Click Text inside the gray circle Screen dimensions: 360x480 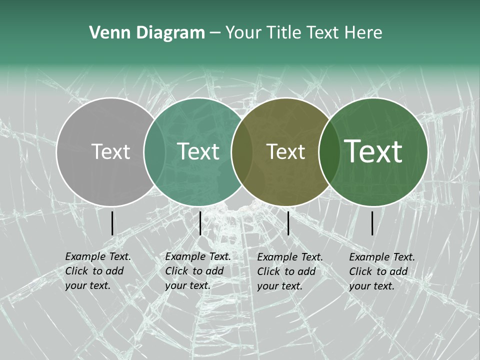tap(110, 151)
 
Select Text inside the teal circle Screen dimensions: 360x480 tap(198, 151)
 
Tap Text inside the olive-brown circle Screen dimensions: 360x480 tap(285, 151)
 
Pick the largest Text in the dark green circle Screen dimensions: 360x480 tap(373, 151)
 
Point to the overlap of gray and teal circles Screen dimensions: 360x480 tap(154, 151)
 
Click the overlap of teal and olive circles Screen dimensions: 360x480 tap(242, 151)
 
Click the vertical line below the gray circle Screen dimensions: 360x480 tap(112, 223)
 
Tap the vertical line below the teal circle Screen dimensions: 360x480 tap(200, 223)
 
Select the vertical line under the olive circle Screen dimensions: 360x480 tap(288, 223)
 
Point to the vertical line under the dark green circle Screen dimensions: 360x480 tap(372, 223)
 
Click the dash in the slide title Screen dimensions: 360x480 tap(215, 33)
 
